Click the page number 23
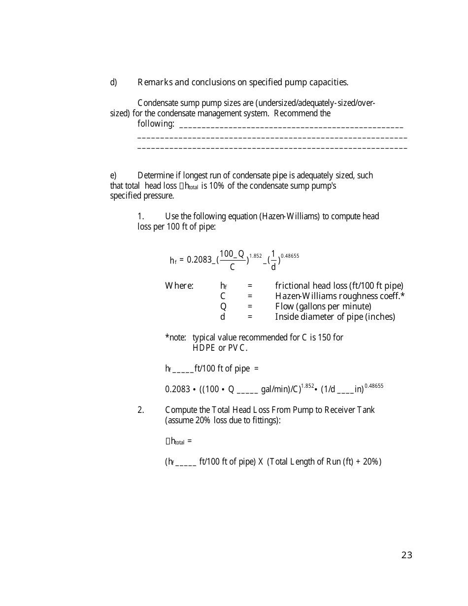coord(406,555)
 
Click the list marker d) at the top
coord(113,82)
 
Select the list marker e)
coord(113,175)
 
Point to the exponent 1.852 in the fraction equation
coord(255,256)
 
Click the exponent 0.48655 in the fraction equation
coord(290,256)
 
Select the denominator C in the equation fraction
coord(232,267)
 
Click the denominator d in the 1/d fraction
coord(273,267)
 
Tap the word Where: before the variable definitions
coord(179,286)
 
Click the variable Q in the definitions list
coord(223,306)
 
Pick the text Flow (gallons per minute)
coord(323,306)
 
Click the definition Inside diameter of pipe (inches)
coord(335,317)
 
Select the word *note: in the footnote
coord(175,337)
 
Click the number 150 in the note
coord(324,337)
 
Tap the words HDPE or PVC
coord(220,348)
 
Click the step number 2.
coord(140,410)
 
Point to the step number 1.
coord(140,216)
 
